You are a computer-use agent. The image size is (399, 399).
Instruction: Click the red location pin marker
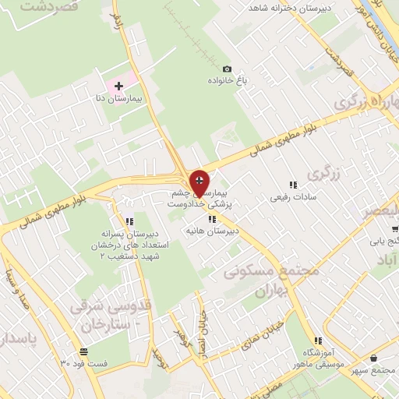(199, 183)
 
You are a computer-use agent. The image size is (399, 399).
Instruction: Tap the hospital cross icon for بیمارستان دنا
(118, 85)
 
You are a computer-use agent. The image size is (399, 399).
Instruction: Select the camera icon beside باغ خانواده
(227, 69)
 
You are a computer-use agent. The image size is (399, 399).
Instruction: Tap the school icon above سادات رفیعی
(293, 185)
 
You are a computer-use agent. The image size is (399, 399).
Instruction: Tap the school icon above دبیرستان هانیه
(212, 219)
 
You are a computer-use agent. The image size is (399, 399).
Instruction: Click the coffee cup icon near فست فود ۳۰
(83, 351)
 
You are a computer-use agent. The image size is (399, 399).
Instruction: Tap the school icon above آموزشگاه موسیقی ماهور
(318, 341)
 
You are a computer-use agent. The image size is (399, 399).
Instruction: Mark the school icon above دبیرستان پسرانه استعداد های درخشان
(129, 221)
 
